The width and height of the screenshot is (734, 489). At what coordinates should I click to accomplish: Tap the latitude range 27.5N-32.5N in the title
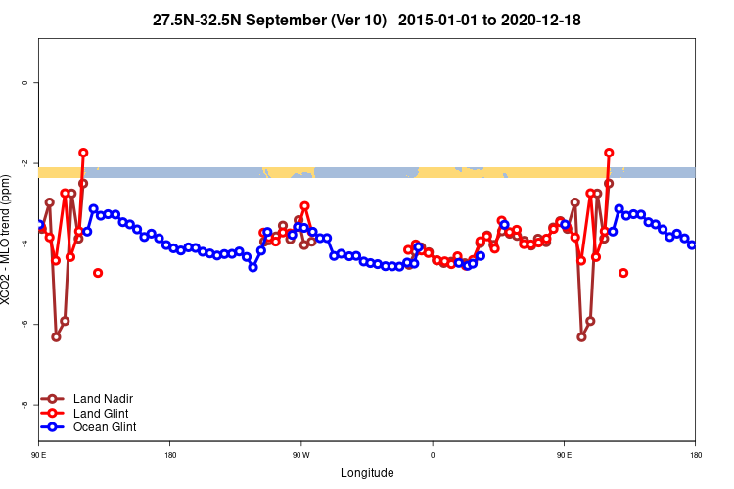coord(196,20)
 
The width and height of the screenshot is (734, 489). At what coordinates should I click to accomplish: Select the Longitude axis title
coord(367,473)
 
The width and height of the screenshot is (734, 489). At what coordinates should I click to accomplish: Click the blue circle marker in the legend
coord(55,427)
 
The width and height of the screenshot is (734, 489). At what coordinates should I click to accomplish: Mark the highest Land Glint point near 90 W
coord(305,206)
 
